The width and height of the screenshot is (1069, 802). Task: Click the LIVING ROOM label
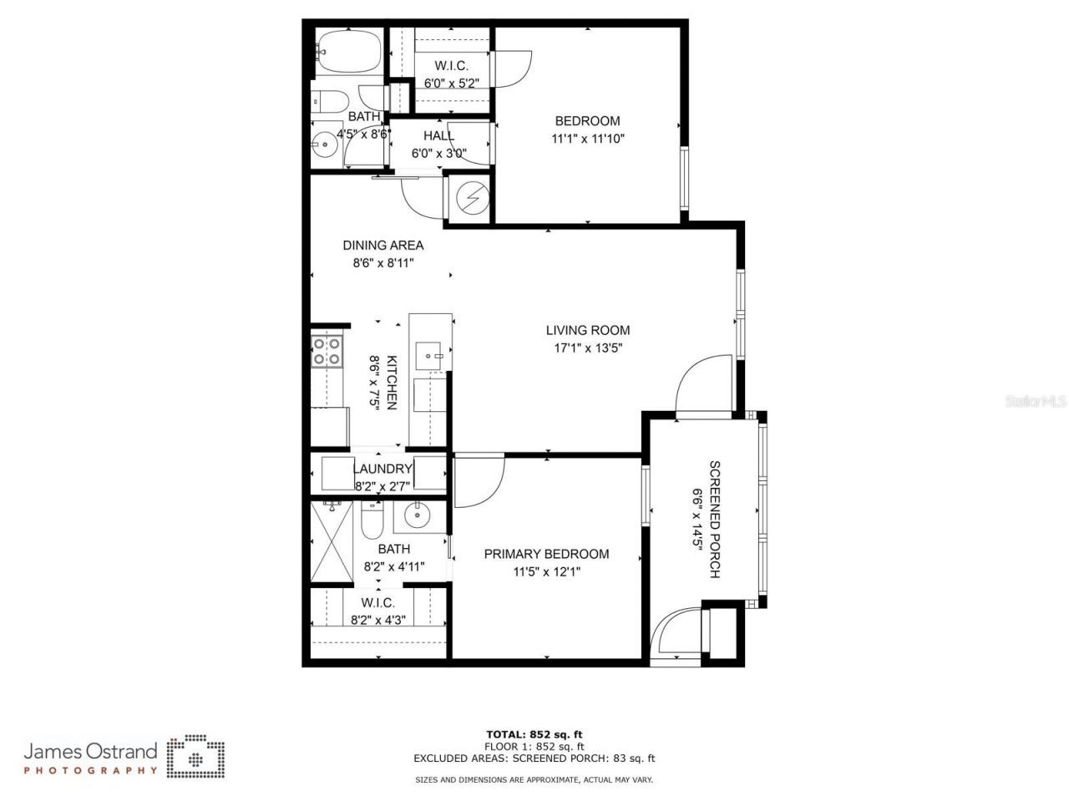click(587, 330)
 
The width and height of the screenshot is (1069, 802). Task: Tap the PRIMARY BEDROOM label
click(546, 554)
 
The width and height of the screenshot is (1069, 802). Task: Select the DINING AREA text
click(383, 246)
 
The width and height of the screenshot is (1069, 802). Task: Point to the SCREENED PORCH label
click(714, 519)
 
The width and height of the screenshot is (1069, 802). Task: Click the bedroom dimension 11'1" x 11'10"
click(588, 139)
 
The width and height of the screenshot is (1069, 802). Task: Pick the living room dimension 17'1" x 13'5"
click(588, 348)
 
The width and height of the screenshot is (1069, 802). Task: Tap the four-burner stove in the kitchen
click(326, 351)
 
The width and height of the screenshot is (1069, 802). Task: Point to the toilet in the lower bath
click(372, 522)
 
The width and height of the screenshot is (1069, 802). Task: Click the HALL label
click(438, 135)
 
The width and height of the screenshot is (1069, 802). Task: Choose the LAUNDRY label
click(383, 469)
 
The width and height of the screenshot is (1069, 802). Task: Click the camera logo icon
click(195, 757)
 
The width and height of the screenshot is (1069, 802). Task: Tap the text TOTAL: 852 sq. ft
click(534, 734)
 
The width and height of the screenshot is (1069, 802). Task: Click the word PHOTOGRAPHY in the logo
click(90, 770)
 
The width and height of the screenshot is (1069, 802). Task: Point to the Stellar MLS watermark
click(1036, 402)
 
